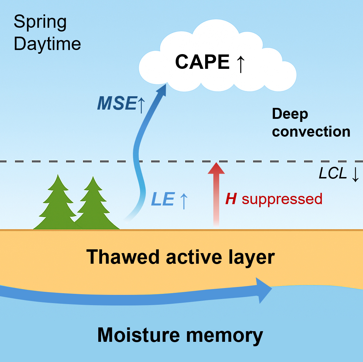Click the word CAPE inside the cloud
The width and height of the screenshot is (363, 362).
pyautogui.click(x=202, y=62)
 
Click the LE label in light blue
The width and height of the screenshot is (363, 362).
pyautogui.click(x=163, y=200)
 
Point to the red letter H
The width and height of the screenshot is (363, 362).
pyautogui.click(x=231, y=199)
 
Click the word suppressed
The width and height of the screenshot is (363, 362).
pyautogui.click(x=282, y=199)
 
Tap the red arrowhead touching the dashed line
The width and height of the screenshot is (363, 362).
pyautogui.click(x=216, y=168)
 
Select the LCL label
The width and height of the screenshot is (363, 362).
pyautogui.click(x=333, y=174)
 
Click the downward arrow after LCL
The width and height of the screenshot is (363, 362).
pyautogui.click(x=355, y=174)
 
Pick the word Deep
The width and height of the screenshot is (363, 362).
pyautogui.click(x=290, y=115)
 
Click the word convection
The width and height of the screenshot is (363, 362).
pyautogui.click(x=311, y=132)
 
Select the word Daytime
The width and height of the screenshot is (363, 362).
pyautogui.click(x=47, y=44)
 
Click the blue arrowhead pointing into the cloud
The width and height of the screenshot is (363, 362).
pyautogui.click(x=161, y=90)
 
